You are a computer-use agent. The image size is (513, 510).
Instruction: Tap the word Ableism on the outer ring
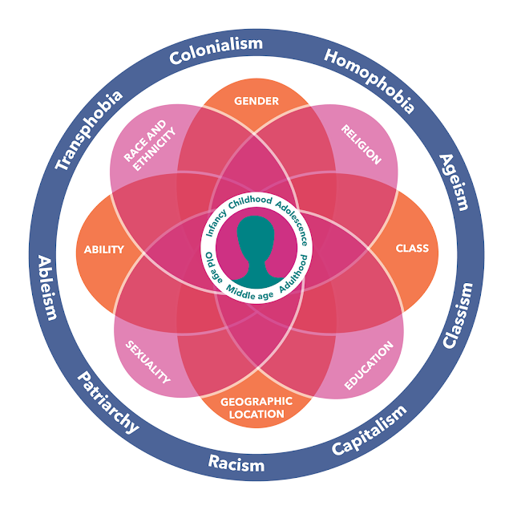tap(48, 287)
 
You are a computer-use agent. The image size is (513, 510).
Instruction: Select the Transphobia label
tap(89, 130)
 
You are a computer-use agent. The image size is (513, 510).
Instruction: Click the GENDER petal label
tap(256, 102)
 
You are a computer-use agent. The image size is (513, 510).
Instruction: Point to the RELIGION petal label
tap(362, 144)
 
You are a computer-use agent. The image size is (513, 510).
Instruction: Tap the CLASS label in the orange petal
tap(412, 249)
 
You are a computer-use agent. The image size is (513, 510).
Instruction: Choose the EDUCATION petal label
tap(369, 366)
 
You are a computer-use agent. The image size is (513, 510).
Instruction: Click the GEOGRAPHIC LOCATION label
tap(256, 407)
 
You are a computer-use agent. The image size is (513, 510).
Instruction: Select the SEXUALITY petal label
tap(149, 362)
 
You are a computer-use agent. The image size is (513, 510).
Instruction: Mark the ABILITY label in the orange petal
tap(104, 249)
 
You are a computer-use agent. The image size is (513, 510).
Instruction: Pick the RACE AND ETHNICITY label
tap(149, 147)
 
